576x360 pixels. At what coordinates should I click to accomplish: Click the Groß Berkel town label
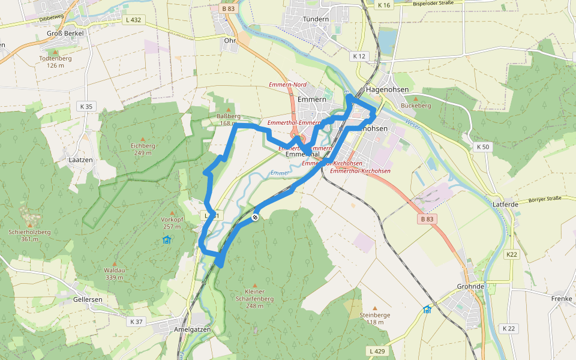[65, 33]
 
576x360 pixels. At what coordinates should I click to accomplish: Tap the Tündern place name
[316, 19]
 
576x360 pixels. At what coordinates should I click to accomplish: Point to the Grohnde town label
[470, 286]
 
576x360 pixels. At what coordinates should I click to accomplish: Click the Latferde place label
[505, 205]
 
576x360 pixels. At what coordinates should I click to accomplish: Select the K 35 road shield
[86, 107]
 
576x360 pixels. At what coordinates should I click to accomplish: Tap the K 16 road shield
[384, 5]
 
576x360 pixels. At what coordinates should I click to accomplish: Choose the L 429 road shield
[376, 350]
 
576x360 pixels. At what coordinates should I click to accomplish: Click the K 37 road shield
[136, 322]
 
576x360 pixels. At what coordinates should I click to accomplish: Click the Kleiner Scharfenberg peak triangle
[254, 286]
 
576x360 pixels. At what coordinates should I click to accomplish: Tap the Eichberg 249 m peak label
[143, 149]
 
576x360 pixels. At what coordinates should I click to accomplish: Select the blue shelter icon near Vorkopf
[166, 240]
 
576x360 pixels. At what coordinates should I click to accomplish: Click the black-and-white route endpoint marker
[255, 217]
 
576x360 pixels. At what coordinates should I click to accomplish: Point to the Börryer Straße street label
[544, 198]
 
